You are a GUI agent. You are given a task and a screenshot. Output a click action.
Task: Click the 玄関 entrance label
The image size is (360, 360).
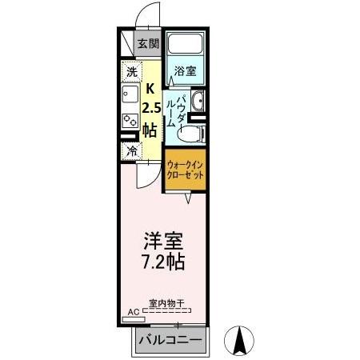(148, 45)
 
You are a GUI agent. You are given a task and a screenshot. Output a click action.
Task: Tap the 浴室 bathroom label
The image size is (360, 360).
(186, 70)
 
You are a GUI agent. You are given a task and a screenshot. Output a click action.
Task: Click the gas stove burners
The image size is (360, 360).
(130, 119)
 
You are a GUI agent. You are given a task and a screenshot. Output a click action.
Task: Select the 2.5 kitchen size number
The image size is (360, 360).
(150, 108)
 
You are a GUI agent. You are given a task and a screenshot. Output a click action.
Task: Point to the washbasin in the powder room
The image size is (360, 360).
(198, 102)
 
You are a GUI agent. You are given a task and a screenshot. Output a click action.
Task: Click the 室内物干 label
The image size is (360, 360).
(166, 304)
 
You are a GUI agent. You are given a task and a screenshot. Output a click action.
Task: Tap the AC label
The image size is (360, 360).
(133, 313)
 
